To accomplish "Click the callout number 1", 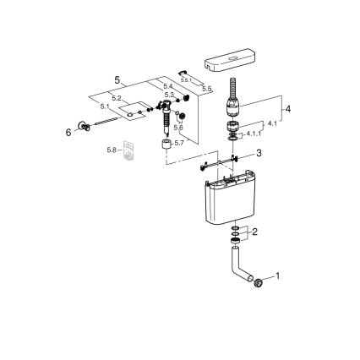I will [x=276, y=276].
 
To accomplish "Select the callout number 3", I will [x=259, y=153].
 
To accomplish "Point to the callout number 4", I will [x=265, y=109].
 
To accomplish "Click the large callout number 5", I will [x=117, y=80].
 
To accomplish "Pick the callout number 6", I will [x=68, y=132].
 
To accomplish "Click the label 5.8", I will [x=112, y=150].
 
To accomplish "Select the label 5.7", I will [x=178, y=143].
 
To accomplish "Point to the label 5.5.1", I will [x=185, y=79].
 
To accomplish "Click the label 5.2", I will [x=117, y=98].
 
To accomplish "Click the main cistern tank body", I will [x=229, y=200].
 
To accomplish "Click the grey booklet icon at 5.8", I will [x=128, y=151].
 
